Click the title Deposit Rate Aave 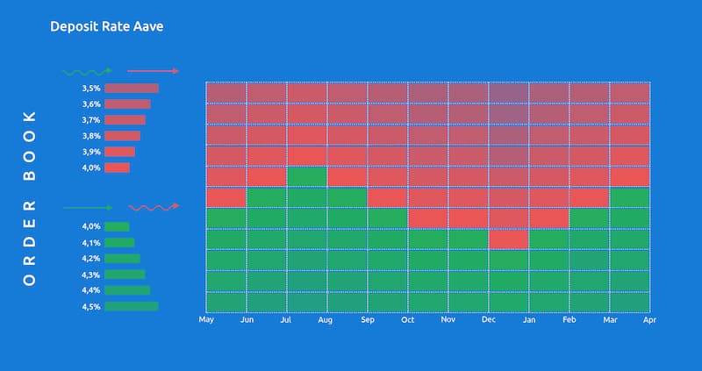click(x=106, y=26)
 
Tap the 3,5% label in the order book click(x=90, y=89)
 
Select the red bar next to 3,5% click(x=132, y=89)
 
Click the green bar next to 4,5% click(x=132, y=306)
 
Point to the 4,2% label click(x=90, y=259)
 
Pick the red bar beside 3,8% click(x=122, y=136)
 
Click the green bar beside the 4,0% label click(x=117, y=226)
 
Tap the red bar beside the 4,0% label click(x=117, y=168)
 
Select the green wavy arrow click(x=87, y=71)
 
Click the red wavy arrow click(x=154, y=207)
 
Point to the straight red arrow click(x=154, y=71)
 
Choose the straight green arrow click(x=87, y=208)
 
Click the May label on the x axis click(x=206, y=320)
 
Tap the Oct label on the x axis click(x=408, y=320)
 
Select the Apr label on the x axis click(x=650, y=320)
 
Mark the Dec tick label click(x=489, y=320)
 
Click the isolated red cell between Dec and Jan click(x=509, y=239)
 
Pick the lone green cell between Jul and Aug click(x=307, y=176)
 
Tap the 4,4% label click(x=90, y=290)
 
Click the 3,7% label click(x=90, y=120)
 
